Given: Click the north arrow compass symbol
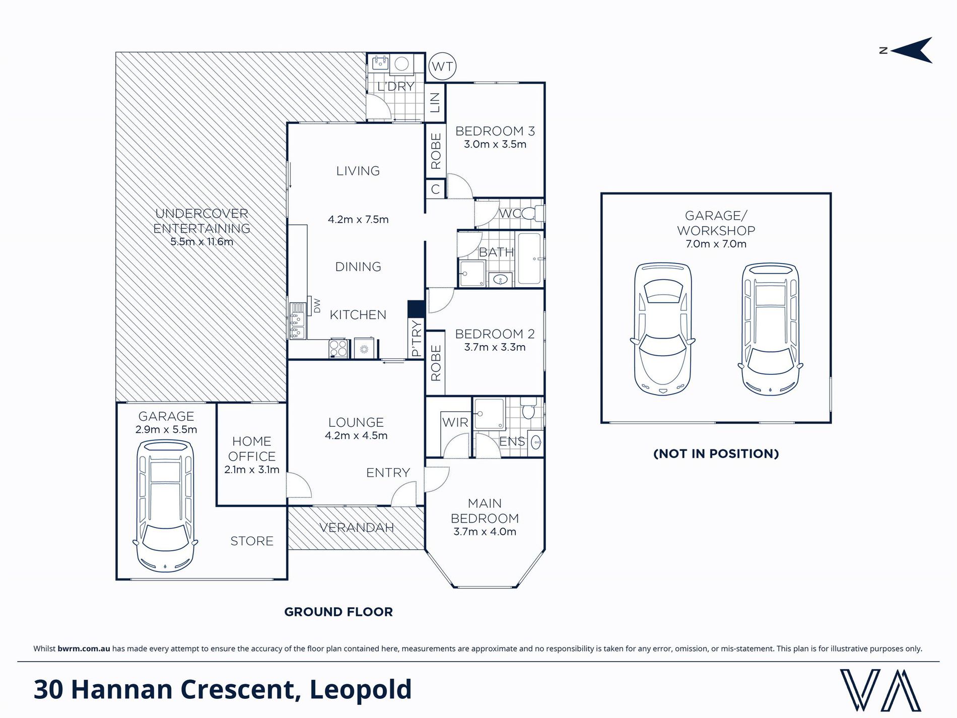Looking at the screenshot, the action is pyautogui.click(x=907, y=50).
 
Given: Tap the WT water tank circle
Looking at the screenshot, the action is pyautogui.click(x=442, y=67).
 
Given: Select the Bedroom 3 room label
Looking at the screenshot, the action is pyautogui.click(x=495, y=132).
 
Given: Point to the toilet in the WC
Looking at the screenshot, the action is pyautogui.click(x=533, y=214).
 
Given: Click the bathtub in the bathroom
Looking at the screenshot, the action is pyautogui.click(x=529, y=258).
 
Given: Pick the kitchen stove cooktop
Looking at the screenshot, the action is pyautogui.click(x=339, y=348).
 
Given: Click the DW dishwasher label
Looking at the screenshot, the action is pyautogui.click(x=317, y=306).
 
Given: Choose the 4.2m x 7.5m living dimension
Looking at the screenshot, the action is pyautogui.click(x=358, y=220).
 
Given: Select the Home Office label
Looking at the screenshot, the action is pyautogui.click(x=252, y=449).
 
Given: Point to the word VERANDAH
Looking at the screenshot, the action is pyautogui.click(x=357, y=528).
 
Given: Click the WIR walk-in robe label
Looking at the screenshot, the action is pyautogui.click(x=455, y=422).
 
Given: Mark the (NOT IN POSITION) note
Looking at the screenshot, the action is pyautogui.click(x=716, y=453).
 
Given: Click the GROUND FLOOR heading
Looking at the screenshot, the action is pyautogui.click(x=338, y=612).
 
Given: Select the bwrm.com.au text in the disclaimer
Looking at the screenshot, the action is pyautogui.click(x=84, y=648).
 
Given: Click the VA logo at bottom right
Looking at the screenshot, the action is pyautogui.click(x=880, y=690).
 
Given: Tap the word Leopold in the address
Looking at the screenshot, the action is pyautogui.click(x=361, y=690).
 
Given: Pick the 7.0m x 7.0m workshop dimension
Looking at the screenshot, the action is pyautogui.click(x=716, y=244).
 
